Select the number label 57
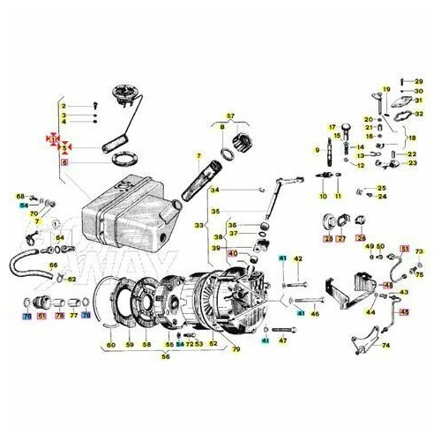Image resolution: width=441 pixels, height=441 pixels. pos(231,116)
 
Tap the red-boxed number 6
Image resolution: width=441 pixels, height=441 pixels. pos(63,162)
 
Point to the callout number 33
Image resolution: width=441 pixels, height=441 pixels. pos(200,226)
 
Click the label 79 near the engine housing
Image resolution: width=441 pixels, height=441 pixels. pos(235,350)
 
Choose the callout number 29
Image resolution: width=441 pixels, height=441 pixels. pos(419,80)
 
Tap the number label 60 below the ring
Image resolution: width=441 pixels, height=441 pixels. pos(110,344)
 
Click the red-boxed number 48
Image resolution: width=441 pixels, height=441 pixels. pos(389,286)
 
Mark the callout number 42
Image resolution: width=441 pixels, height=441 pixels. pos(298,258)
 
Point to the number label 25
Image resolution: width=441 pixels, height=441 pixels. pos(382,188)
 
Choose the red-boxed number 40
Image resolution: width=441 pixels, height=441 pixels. pos(233,253)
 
